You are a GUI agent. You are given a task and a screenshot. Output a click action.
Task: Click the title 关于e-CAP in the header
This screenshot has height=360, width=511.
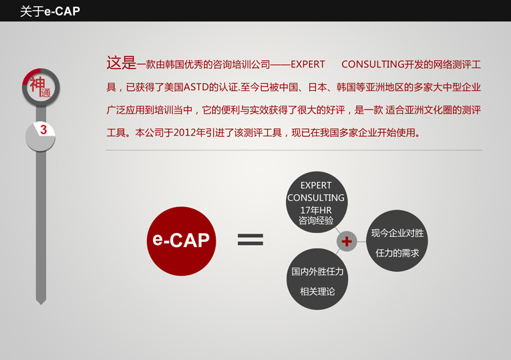point(50,11)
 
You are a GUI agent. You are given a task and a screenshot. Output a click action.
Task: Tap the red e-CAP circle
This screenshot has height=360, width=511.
point(181,241)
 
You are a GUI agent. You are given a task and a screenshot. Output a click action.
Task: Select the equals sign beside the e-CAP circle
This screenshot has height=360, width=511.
point(250,240)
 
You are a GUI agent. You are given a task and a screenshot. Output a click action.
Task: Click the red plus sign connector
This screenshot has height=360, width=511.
point(347,241)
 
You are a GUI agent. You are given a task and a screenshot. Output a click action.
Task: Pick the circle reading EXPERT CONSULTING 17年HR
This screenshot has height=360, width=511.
point(317,202)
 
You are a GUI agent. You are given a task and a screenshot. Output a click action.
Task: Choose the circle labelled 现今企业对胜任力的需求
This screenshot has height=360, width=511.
point(397,240)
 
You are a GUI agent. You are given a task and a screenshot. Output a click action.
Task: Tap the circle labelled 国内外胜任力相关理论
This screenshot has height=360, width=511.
point(317,279)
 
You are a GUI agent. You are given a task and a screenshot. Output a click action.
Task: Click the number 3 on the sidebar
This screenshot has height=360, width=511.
point(43,130)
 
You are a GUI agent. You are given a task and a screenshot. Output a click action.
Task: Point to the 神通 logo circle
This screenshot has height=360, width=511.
point(41,87)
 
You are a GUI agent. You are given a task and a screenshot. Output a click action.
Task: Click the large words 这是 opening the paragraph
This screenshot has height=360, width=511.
point(121,63)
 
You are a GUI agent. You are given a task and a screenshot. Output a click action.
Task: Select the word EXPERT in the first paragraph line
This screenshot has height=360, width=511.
point(308,65)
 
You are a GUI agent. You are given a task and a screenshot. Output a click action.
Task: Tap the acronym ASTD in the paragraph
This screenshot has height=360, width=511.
point(196,87)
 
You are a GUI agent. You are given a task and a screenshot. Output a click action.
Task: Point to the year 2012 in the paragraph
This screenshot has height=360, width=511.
point(183,133)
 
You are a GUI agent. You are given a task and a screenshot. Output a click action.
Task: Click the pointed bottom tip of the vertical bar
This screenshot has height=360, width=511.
point(41,305)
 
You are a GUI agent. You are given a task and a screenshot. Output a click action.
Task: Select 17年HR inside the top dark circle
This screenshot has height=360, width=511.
point(316,210)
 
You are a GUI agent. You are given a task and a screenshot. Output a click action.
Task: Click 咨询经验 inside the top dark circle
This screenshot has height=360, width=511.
point(316,220)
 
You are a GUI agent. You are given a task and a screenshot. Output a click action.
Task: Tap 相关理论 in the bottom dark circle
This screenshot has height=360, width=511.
point(317,291)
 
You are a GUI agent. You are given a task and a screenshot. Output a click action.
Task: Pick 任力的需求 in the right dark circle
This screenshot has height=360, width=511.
point(397,253)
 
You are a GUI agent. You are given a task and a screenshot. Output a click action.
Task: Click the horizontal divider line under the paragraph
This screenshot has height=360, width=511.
point(294,150)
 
